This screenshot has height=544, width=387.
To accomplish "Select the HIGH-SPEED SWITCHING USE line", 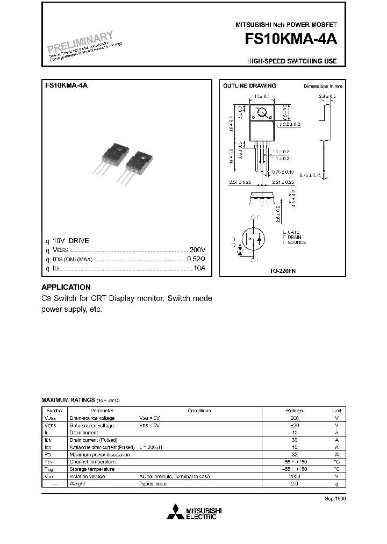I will coord(292,61).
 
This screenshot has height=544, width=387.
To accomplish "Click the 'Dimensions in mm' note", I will coord(322,86).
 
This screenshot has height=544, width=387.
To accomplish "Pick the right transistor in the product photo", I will coord(138,163).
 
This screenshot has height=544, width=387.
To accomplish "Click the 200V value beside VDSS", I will coord(197,250).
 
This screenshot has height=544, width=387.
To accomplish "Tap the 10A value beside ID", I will coord(199,268).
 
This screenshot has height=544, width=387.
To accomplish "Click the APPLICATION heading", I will coord(66,288).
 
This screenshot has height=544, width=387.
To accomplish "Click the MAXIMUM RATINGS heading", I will coord(68,400).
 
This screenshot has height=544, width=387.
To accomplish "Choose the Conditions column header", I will coord(199,410).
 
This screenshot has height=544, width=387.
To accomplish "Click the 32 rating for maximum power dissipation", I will coord(294,454).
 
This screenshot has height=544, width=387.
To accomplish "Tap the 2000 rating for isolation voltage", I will coord(294,476).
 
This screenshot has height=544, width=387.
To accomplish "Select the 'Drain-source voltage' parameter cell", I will coord(92,418).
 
